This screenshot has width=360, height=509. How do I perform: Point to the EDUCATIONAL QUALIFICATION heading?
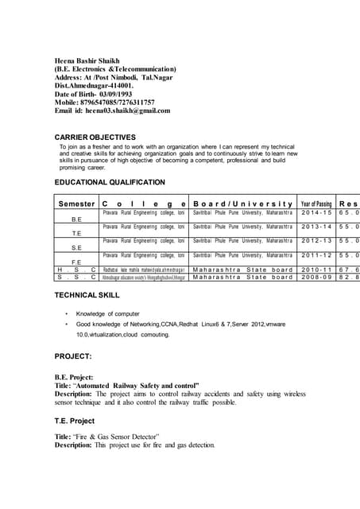coord(114,182)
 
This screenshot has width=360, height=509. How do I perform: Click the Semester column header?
coord(76,204)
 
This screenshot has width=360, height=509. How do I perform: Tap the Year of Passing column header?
coord(316,204)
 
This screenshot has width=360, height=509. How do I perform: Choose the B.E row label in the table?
coord(77,219)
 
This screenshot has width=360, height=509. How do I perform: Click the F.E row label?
coord(77,262)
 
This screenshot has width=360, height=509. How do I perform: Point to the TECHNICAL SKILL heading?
coord(87,294)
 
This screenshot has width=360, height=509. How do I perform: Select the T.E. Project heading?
coord(74,421)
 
